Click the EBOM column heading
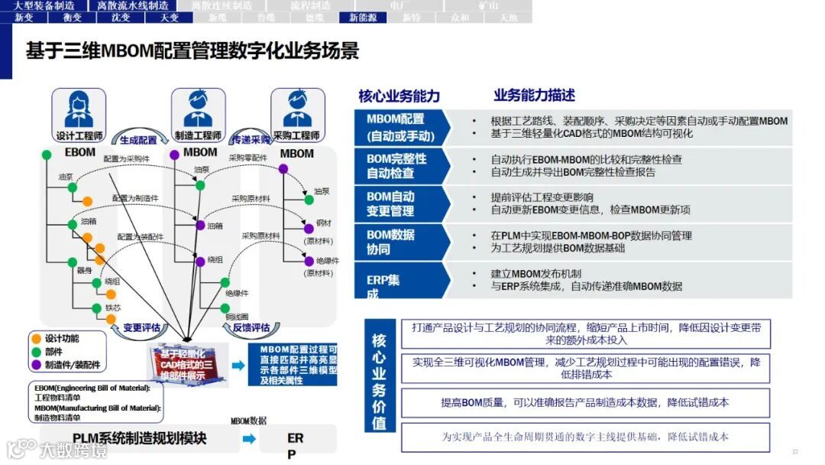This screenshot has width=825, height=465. (79, 153)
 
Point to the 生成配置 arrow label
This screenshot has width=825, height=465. (138, 140)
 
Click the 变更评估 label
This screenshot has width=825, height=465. (141, 327)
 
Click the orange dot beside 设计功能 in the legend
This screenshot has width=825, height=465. (35, 338)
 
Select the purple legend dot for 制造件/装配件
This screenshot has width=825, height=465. (35, 365)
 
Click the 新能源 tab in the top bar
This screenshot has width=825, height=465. (362, 17)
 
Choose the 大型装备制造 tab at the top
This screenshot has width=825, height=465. (44, 5)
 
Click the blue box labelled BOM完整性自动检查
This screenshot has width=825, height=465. (399, 165)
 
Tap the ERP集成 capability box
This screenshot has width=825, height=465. (399, 282)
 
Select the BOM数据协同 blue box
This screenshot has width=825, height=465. (399, 242)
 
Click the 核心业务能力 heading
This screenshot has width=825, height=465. (399, 96)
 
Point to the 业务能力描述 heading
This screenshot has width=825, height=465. (534, 96)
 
